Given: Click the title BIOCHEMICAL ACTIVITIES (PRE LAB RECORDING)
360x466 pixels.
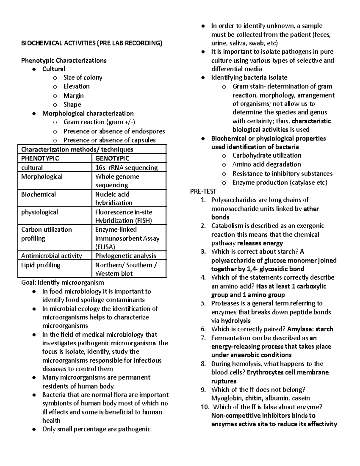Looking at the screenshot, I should coord(91,43).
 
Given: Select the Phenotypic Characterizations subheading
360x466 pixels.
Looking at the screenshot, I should coord(64,61).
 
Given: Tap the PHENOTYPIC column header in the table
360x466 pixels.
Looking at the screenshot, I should coord(40,158).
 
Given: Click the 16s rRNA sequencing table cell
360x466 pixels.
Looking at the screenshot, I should coord(126,167).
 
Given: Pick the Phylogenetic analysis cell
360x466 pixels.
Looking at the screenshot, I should coord(125,256).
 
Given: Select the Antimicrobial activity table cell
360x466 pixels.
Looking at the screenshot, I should coord(51,256).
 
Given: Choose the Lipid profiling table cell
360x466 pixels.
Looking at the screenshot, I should coord(40,265).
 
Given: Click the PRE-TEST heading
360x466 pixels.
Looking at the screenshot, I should coord(203,191).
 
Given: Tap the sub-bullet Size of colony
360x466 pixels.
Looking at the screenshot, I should coord(82,78).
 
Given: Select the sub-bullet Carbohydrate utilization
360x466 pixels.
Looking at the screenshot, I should coord(267,155).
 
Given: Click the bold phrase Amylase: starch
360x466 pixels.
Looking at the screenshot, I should coord(310,329).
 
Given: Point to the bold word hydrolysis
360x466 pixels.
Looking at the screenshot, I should coord(235,320).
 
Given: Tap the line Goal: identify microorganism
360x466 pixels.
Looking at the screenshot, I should coord(62,282).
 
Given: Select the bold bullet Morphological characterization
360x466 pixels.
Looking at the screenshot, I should coord(88,113).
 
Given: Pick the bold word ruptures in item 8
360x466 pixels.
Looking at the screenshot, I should coord(224,381).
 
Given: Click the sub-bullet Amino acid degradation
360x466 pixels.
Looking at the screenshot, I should coord(266,164).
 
